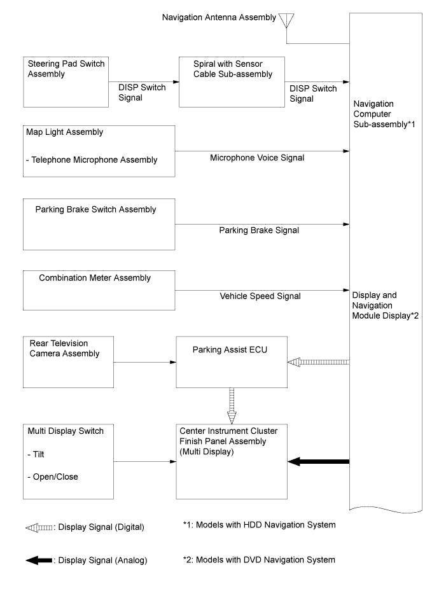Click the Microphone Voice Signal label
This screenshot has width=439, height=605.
257,158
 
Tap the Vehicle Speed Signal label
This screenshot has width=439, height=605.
260,296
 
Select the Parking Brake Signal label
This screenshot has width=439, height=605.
259,230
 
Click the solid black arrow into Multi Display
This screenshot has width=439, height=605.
319,461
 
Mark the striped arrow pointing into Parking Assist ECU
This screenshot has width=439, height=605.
319,362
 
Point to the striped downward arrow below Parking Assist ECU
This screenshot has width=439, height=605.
232,406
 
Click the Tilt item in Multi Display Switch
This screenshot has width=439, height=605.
36,454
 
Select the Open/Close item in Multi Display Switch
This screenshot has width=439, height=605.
53,477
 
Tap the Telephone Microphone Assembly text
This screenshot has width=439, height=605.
92,160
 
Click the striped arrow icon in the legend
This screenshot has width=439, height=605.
39,527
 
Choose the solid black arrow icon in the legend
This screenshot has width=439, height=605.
39,560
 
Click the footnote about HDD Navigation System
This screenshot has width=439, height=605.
259,525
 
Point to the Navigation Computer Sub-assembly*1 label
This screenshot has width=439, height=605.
384,115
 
